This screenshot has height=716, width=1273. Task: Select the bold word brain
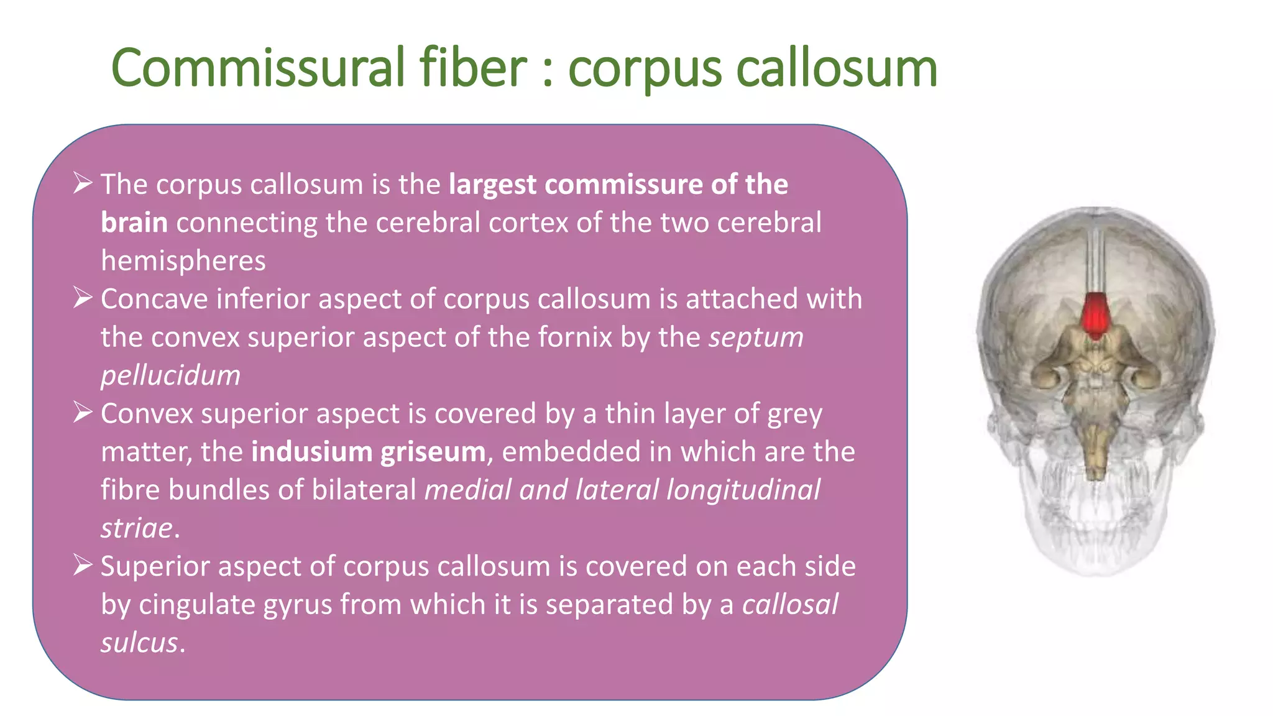pos(134,223)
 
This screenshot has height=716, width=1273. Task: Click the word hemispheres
pos(183,261)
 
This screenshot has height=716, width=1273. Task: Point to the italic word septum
pos(756,337)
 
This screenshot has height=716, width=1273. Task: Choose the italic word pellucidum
pos(170,375)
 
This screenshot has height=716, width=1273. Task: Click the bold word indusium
pos(311,452)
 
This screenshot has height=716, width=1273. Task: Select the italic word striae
pos(137,528)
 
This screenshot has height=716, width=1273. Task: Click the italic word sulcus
pos(139,643)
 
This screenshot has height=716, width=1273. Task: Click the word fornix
pos(575,337)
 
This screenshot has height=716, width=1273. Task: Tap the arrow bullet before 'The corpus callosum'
pos(83,183)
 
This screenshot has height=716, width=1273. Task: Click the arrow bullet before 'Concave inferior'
pos(83,298)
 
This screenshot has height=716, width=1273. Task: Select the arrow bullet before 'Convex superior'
pos(83,412)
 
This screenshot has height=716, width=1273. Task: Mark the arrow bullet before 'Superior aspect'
pos(83,565)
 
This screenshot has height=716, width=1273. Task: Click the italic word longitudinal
pos(743,490)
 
